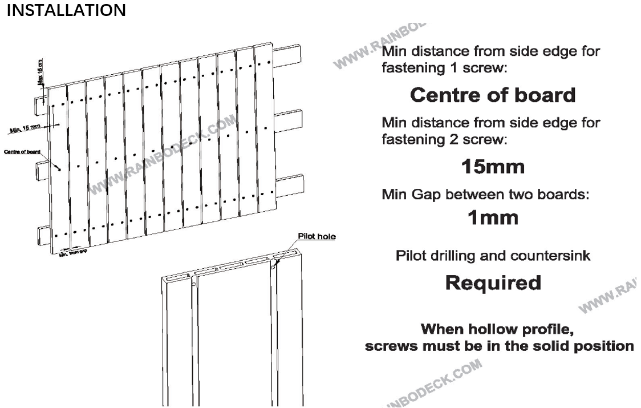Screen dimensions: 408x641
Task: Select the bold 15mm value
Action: click(493, 167)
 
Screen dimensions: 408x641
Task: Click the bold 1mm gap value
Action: click(493, 217)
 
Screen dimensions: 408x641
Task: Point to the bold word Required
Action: click(493, 282)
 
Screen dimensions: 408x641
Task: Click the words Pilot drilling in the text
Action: click(431, 256)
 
